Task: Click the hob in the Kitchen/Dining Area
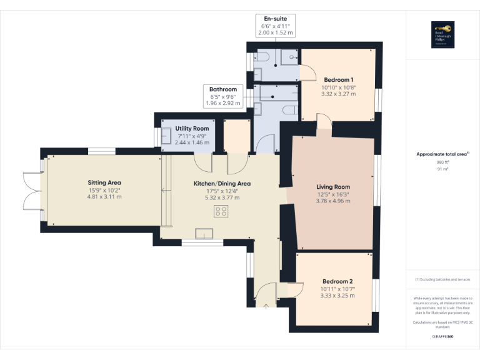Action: (221, 212)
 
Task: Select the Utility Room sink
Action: (167, 136)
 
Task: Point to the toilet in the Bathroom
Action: (288, 110)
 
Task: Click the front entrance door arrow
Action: (266, 305)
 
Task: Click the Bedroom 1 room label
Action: (339, 79)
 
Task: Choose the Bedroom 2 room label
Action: (337, 281)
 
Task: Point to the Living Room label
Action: (332, 186)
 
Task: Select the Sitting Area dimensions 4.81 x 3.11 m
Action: (104, 197)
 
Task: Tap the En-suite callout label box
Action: (276, 25)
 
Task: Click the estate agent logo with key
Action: (442, 34)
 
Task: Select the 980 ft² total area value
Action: (442, 162)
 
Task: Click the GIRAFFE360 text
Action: (442, 337)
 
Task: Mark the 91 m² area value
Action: (442, 169)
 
